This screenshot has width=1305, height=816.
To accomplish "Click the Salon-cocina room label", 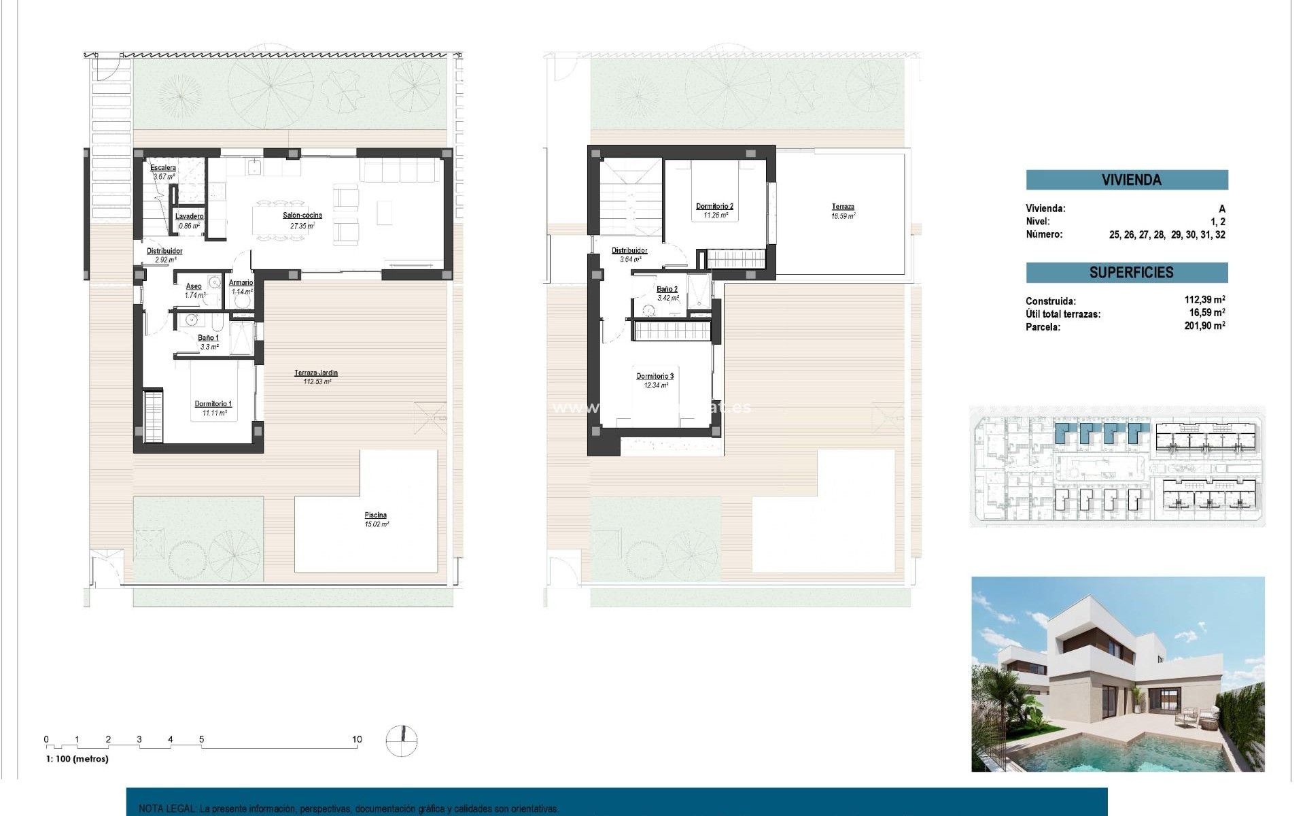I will point(302,216).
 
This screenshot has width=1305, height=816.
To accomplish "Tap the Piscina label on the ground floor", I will point(375,515).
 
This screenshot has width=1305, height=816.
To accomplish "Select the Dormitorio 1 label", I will point(213,404).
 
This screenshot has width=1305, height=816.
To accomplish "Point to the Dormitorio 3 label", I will point(655,376).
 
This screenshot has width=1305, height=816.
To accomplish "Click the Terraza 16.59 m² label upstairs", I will point(843,207).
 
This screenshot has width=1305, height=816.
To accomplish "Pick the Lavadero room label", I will point(190,216).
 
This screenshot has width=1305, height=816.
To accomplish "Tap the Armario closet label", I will point(241,283).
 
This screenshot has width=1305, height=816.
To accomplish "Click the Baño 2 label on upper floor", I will point(667,289).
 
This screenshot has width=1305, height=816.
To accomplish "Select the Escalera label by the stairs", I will point(163,168).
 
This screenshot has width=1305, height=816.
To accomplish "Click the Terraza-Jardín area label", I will point(316,373).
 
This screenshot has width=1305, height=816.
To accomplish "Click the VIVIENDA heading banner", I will point(1126,180).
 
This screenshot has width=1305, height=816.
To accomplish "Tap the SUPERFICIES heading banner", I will point(1126,273).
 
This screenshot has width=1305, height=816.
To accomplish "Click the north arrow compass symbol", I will point(402,741).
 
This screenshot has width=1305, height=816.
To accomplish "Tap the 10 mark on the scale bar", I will point(357,740).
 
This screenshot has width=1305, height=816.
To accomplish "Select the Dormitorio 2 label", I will point(714,206).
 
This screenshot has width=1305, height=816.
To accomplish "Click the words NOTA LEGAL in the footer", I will point(167,809).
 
